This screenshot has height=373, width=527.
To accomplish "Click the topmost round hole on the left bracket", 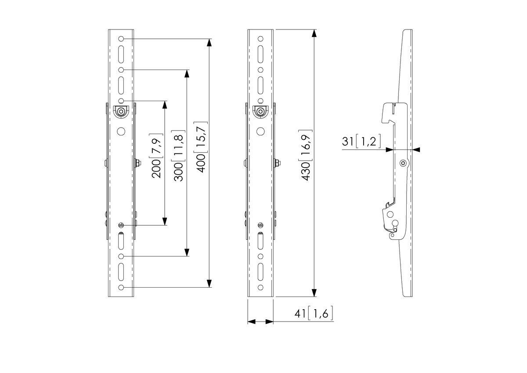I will tap(121, 39).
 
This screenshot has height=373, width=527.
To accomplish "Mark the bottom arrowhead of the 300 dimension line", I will tap(187, 252).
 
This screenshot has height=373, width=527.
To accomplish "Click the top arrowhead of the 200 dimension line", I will tap(165, 105).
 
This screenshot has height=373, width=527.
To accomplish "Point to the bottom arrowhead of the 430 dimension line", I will tap(314, 293).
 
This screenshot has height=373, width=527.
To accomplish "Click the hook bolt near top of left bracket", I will tap(121, 112).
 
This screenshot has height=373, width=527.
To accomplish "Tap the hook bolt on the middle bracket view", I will tap(260, 112).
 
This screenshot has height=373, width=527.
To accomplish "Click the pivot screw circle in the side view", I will tap(403, 164).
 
